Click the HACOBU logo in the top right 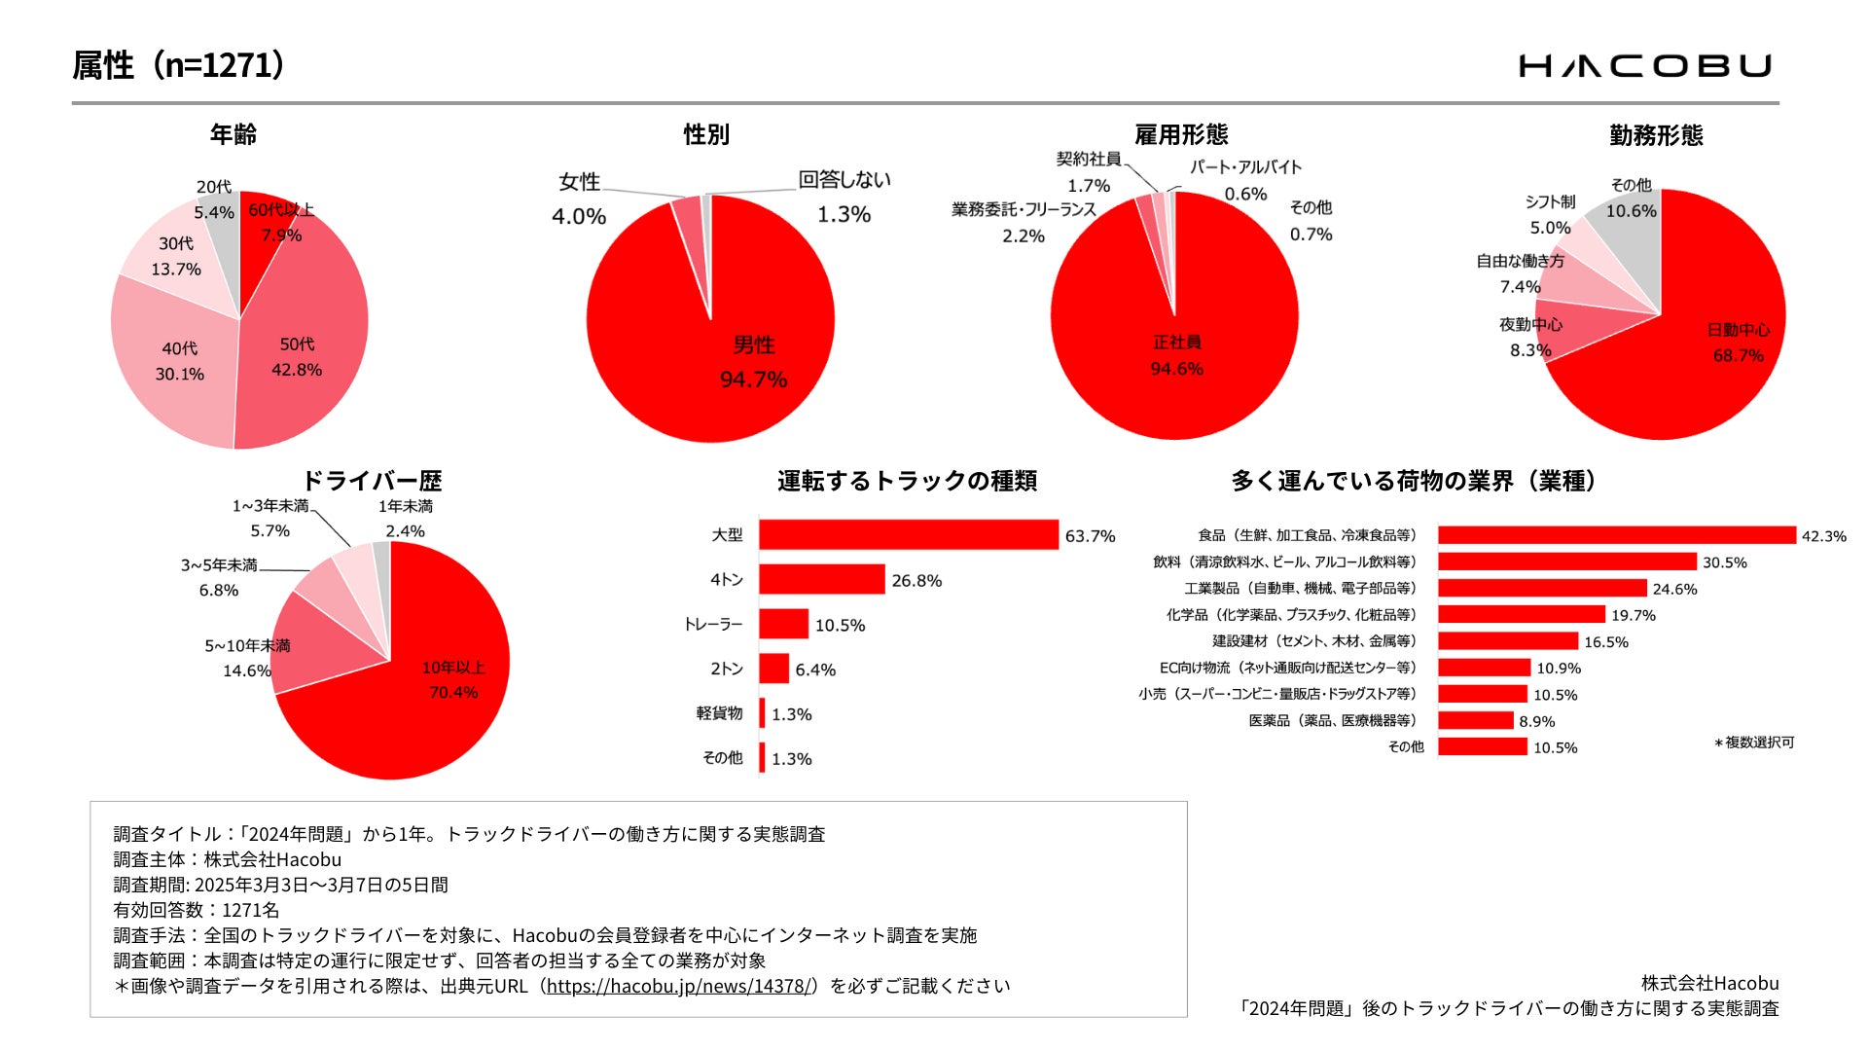[x=1645, y=66]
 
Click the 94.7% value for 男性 [x=753, y=380]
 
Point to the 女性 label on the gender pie [x=579, y=182]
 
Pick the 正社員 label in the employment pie [x=1176, y=343]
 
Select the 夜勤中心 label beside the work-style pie [x=1530, y=325]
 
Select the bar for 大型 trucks [x=908, y=535]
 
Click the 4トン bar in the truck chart [x=821, y=580]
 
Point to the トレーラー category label [x=713, y=625]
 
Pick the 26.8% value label [x=916, y=581]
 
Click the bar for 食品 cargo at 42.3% [x=1616, y=535]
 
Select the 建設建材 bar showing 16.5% [x=1507, y=641]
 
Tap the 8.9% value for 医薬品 [x=1536, y=721]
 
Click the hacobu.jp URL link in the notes [x=679, y=986]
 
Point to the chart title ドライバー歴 [x=372, y=481]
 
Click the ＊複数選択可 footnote [x=1754, y=743]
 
